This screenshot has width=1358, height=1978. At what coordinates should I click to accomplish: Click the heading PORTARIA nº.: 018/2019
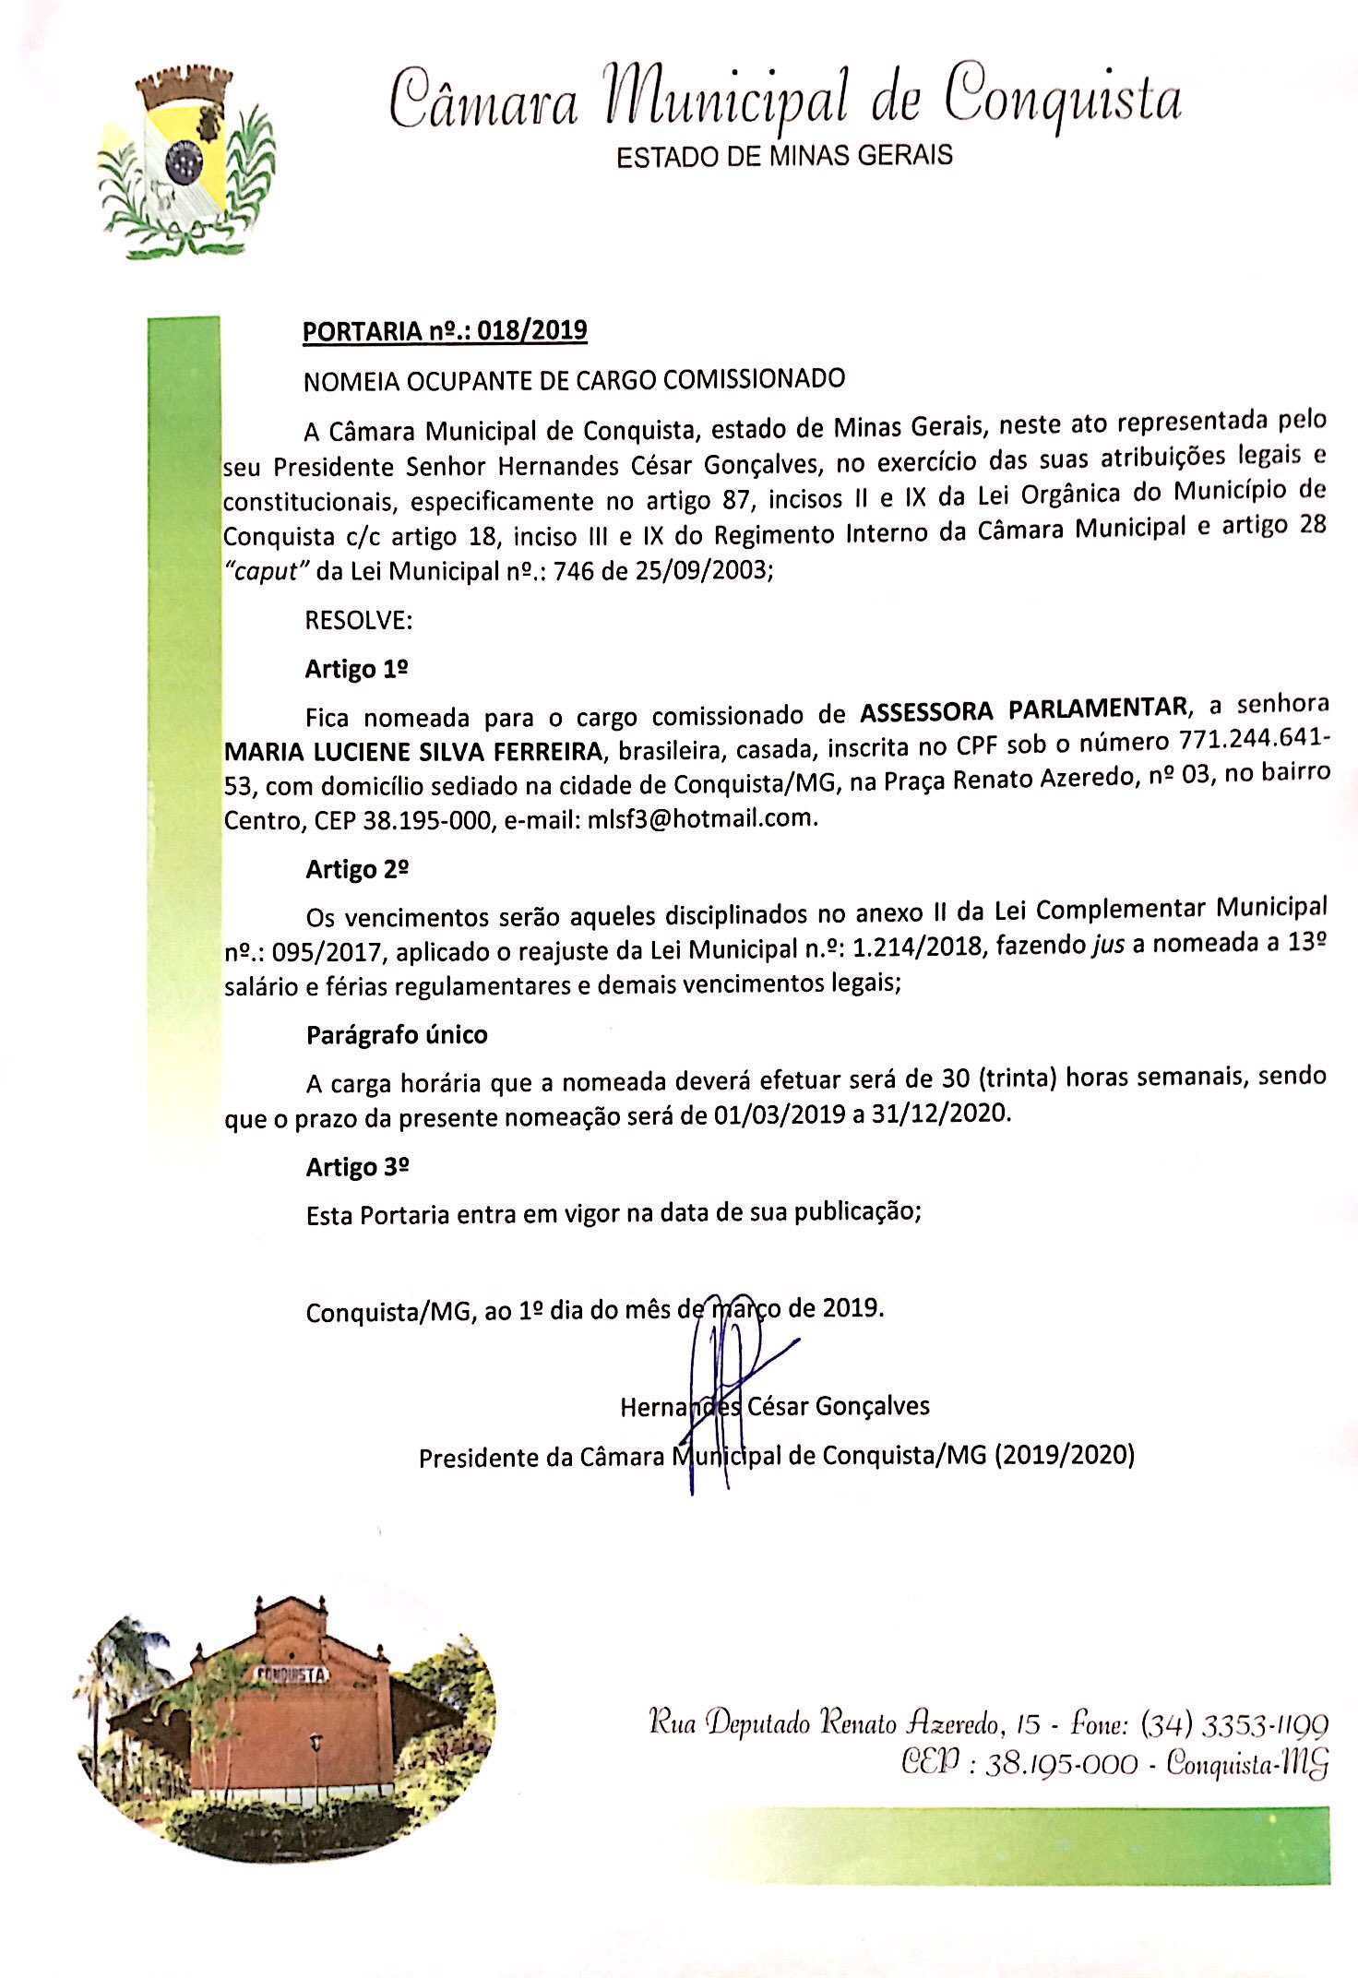click(446, 331)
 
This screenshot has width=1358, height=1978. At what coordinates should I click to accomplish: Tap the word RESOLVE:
click(359, 620)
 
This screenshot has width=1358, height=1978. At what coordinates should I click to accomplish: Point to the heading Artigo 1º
click(357, 669)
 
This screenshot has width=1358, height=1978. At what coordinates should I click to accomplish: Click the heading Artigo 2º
click(358, 869)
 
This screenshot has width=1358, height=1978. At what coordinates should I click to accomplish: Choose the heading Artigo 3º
click(358, 1167)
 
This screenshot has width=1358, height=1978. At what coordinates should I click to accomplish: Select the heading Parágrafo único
click(397, 1035)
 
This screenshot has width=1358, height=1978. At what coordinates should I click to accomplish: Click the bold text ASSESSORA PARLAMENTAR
click(1023, 709)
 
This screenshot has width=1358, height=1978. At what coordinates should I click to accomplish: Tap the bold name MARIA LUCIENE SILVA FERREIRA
click(414, 752)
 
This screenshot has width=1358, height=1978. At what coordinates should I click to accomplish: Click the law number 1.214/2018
click(913, 947)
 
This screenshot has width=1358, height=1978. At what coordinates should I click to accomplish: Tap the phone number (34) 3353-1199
click(1234, 1723)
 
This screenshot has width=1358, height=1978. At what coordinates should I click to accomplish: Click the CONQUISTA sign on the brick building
click(289, 1674)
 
